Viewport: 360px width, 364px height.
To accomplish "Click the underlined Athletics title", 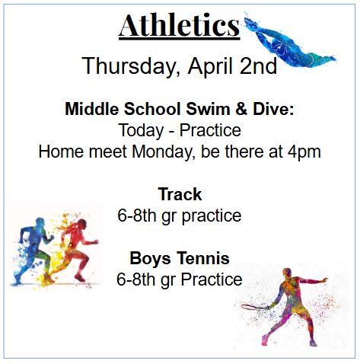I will tap(179, 27).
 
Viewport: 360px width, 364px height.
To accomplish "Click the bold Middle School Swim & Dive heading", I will tap(179, 109).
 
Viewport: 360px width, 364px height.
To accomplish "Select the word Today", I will tap(143, 130).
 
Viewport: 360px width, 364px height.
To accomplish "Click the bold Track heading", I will tap(180, 194).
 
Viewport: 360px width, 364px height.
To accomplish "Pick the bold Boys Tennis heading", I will tap(180, 258).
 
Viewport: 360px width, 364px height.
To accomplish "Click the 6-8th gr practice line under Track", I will tap(179, 216).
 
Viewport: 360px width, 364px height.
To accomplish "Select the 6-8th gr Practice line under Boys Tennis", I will tap(179, 279).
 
